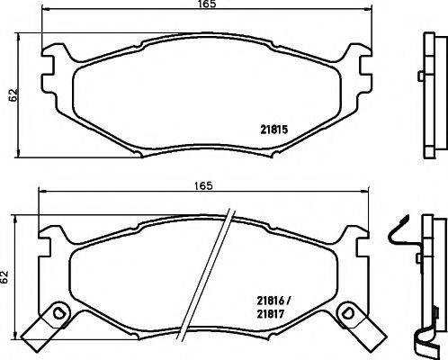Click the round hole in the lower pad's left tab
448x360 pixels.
tap(58, 312)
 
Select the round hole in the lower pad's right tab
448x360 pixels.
tap(344, 312)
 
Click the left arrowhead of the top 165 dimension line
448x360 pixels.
tap(22, 12)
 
